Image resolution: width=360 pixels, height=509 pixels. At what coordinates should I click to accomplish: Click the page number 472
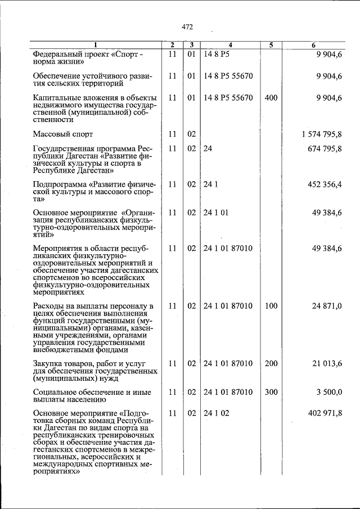point(187,26)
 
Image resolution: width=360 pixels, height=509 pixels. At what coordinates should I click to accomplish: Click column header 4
point(231,44)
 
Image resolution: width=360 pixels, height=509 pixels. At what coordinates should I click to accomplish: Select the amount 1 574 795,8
point(322,134)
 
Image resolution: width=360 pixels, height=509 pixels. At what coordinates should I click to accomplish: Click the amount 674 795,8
point(325,149)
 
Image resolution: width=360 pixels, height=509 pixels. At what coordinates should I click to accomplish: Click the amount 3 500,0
point(329,392)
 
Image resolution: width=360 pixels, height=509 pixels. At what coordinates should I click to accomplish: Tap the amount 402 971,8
point(325,413)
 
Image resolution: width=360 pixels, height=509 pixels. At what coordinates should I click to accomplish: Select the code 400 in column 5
point(271,97)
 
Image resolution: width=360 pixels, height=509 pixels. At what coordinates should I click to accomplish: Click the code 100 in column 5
point(271,306)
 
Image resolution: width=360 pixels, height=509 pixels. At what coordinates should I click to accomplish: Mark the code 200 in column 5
point(271,364)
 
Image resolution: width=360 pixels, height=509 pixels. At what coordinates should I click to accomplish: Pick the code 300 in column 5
point(271,392)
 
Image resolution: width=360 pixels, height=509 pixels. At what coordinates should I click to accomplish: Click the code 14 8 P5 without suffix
point(217,54)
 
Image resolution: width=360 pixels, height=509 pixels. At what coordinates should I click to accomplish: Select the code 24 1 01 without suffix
point(216,212)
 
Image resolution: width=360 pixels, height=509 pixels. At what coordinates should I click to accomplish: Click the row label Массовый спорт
point(63,134)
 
